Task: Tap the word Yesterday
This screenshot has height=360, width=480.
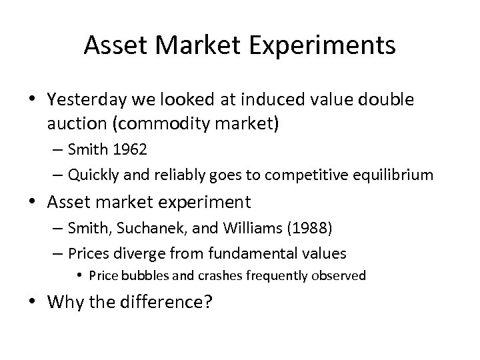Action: point(85,100)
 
